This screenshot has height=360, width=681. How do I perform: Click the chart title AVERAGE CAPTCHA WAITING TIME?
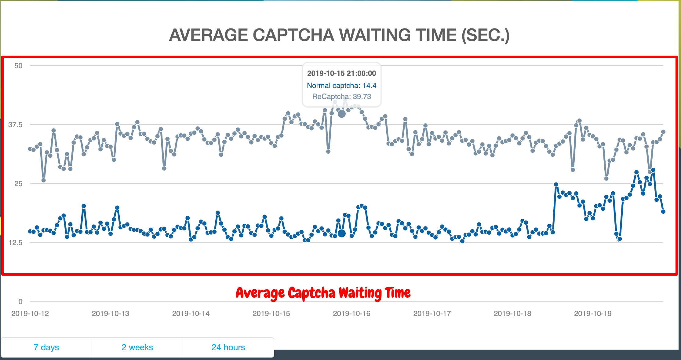[339, 35]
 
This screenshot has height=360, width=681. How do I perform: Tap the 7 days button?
[46, 347]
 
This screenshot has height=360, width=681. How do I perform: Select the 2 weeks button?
[137, 347]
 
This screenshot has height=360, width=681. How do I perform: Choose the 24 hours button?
[228, 347]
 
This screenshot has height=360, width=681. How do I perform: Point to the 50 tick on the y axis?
[18, 66]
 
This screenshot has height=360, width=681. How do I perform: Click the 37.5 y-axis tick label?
[16, 125]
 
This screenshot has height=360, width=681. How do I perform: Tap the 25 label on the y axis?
[18, 184]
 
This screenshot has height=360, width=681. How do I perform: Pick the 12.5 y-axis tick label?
[16, 243]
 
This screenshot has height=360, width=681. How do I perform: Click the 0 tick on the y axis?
[20, 302]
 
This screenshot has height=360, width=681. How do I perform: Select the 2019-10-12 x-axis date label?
[30, 314]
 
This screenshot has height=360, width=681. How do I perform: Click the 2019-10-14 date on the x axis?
[191, 314]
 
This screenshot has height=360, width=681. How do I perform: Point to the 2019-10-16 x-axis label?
[351, 314]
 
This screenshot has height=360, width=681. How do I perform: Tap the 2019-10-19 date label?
[593, 314]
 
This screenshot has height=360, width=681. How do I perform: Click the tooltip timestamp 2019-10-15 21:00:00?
[341, 73]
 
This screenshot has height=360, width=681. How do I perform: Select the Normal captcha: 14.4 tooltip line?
[341, 86]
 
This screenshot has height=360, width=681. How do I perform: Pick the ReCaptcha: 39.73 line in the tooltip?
[341, 97]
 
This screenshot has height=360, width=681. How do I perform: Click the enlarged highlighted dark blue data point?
[342, 233]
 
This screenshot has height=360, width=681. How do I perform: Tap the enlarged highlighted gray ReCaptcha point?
[342, 114]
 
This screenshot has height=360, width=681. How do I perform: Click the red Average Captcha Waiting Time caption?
[323, 293]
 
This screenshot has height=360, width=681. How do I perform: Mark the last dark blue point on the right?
[663, 211]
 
